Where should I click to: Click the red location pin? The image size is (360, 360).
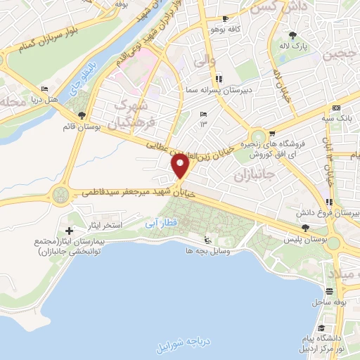181,167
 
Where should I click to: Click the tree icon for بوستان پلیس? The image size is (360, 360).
305,228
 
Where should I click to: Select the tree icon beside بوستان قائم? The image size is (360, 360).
82,115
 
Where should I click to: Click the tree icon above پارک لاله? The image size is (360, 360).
292,34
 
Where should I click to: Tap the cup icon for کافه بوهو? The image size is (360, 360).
224,19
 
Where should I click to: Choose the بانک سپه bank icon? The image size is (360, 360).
336,107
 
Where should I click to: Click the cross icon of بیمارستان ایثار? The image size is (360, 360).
69,231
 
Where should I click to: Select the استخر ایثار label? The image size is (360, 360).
108,225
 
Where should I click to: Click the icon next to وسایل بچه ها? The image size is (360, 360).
206,239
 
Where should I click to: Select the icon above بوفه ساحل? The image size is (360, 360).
329,290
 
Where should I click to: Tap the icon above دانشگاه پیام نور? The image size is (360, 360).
320,328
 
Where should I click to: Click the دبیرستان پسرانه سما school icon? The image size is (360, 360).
219,79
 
